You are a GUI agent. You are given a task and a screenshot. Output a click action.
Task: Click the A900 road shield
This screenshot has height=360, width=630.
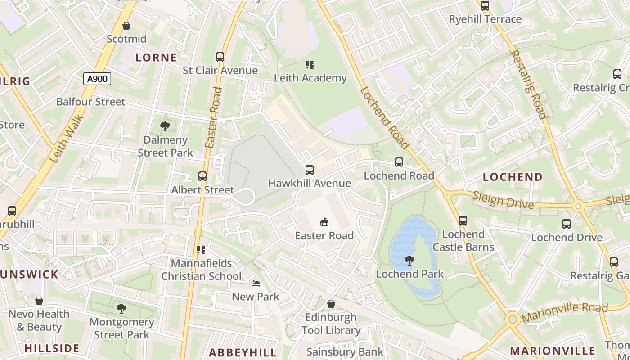click(97, 79)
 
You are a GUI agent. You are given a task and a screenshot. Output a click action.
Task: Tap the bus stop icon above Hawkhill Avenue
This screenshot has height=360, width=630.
click(309, 170)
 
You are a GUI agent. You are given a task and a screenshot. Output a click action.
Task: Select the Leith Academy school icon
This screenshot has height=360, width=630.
click(310, 65)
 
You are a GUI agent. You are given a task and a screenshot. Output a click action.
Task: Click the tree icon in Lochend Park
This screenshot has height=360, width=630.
click(409, 260)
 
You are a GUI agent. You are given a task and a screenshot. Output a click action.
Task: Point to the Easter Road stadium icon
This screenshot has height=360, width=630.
click(324, 222)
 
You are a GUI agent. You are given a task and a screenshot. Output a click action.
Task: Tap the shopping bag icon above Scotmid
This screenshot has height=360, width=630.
click(126, 26)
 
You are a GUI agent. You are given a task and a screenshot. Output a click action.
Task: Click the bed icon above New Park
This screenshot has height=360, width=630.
click(255, 283)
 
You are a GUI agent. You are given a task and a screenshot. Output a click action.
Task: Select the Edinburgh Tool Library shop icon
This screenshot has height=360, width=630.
click(331, 304)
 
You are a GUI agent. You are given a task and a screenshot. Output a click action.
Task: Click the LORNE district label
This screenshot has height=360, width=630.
click(156, 58)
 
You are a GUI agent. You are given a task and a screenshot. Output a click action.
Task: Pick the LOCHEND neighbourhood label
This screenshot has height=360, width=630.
click(513, 177)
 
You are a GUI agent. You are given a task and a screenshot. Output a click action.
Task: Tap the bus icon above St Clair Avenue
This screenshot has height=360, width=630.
click(220, 57)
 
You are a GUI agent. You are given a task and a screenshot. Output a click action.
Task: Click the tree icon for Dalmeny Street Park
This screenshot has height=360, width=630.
click(165, 126)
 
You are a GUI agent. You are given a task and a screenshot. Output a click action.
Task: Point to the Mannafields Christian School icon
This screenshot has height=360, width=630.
click(201, 249)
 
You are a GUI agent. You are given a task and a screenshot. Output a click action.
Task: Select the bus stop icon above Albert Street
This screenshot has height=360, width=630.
click(202, 176)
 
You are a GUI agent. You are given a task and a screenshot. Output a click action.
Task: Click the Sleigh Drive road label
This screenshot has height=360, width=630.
click(503, 200)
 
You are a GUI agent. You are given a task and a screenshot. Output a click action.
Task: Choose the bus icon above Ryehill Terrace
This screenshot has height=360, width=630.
click(485, 6)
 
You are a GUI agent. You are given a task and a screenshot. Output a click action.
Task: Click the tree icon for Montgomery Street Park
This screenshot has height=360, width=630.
click(121, 308)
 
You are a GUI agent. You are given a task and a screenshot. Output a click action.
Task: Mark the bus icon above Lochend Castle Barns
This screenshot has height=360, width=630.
click(463, 221)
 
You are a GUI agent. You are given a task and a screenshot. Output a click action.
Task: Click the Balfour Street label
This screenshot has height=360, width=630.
click(90, 102)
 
